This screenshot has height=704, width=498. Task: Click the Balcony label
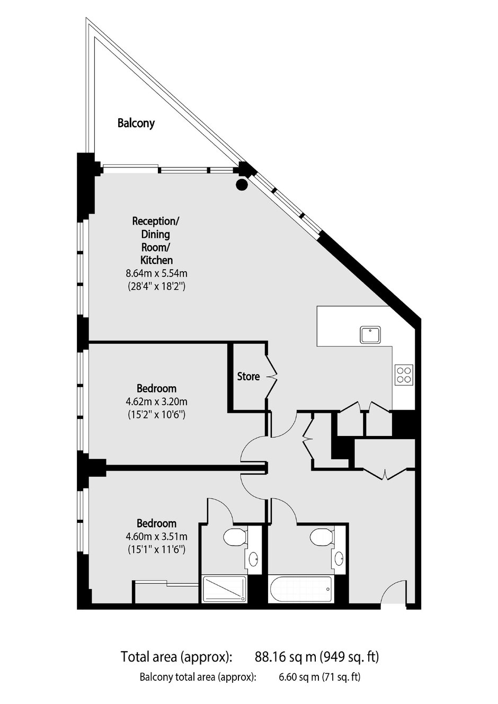pos(136,123)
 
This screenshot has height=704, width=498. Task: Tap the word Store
pos(248,376)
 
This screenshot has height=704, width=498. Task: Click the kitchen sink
pos(371,335)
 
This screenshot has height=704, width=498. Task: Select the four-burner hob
pos(404,375)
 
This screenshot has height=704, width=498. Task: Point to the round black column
pos(242,184)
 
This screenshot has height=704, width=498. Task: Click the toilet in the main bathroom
pos(322,537)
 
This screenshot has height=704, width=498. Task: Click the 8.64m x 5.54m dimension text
pos(157,273)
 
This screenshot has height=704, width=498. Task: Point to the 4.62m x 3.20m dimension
pos(157,402)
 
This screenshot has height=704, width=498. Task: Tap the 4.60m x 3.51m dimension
pos(157,537)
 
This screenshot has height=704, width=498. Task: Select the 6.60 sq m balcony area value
pos(298,675)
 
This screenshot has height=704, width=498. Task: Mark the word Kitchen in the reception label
pos(157,260)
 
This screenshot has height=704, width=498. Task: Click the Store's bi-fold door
pos(272,377)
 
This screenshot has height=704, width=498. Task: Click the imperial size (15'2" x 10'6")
pos(157,415)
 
